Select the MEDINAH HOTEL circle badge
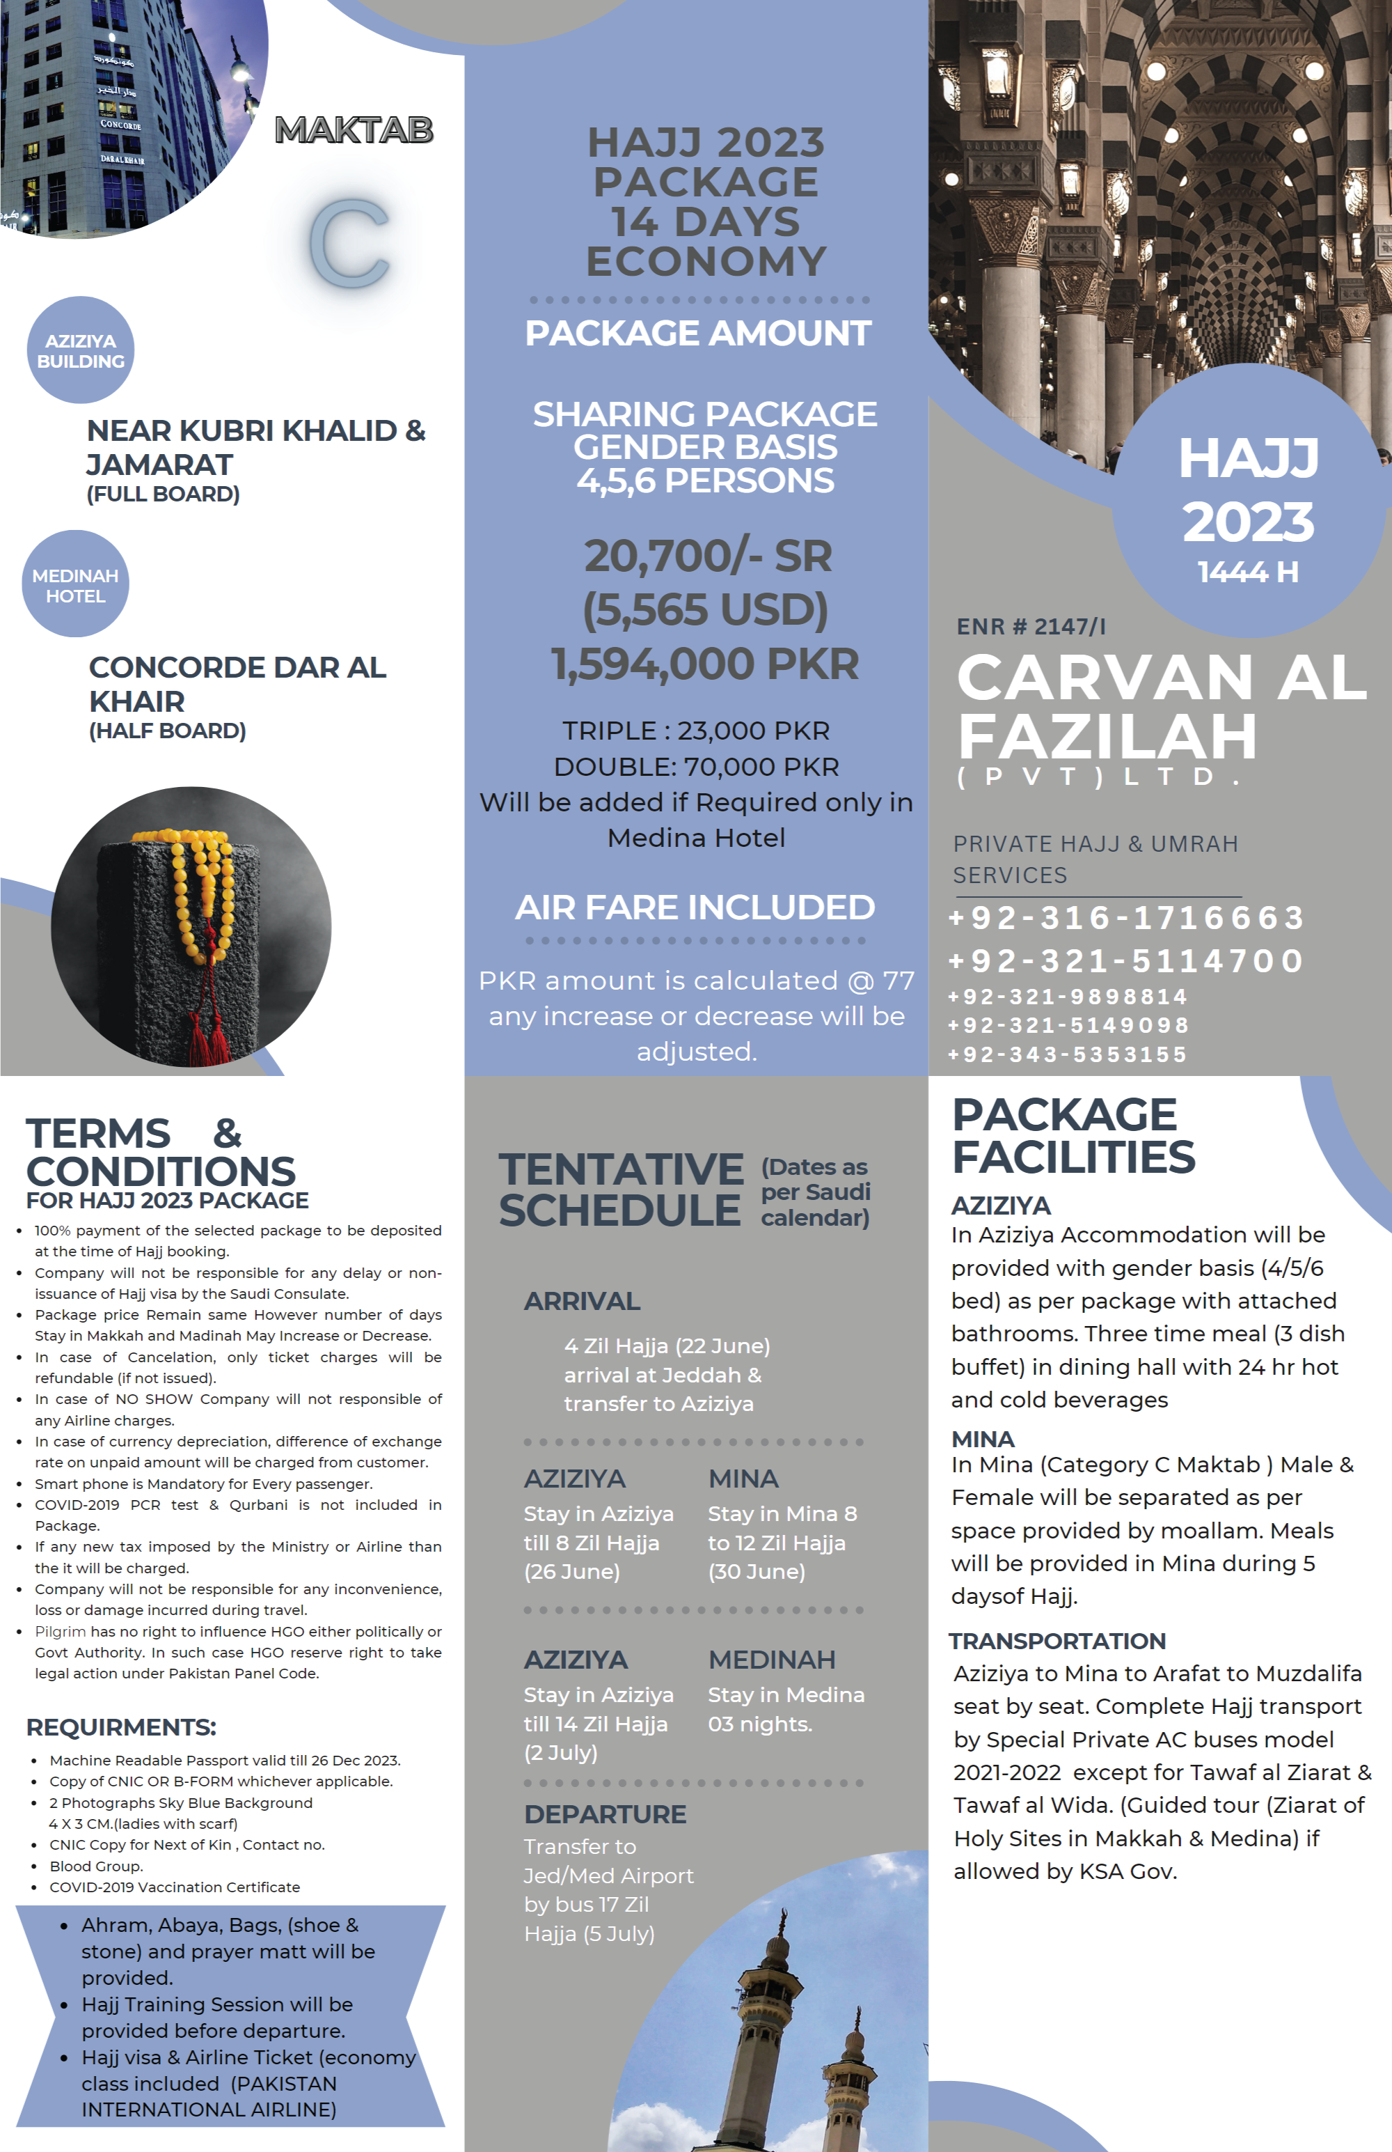[75, 585]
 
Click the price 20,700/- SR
[707, 556]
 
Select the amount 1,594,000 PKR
[705, 664]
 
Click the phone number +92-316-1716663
[1125, 918]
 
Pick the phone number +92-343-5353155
[1066, 1054]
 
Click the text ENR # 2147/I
[1031, 627]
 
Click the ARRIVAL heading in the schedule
[582, 1301]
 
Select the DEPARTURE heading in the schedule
[605, 1814]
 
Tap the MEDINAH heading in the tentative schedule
[771, 1659]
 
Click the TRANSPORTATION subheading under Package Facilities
[1057, 1641]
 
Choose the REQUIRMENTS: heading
[121, 1727]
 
